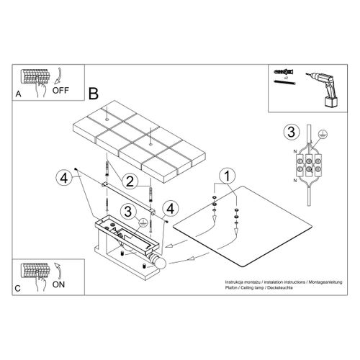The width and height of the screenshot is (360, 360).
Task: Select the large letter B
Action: pos(92,93)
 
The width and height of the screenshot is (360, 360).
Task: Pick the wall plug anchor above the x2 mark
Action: pos(283,73)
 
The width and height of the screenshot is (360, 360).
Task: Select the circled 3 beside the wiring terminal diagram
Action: pos(290,132)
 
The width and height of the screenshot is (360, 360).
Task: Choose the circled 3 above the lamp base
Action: pos(127,211)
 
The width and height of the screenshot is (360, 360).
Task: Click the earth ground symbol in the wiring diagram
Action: pos(321,133)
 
